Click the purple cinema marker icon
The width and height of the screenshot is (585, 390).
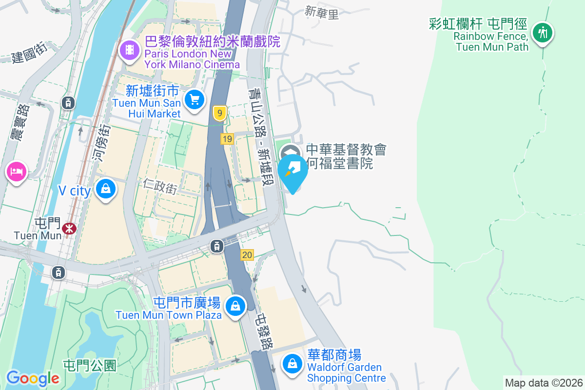click(129, 50)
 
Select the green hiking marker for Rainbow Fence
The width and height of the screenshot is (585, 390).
click(542, 33)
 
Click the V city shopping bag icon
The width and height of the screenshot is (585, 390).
click(105, 188)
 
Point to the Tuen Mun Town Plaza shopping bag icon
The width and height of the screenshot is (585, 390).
click(235, 306)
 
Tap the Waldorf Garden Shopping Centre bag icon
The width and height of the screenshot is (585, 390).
click(292, 364)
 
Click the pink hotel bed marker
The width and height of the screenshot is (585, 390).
click(16, 171)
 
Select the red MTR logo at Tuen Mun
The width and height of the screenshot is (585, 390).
click(69, 228)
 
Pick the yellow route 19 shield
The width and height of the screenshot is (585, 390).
click(227, 139)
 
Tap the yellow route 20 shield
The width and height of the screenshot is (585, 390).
click(247, 254)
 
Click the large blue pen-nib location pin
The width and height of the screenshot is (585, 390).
click(292, 171)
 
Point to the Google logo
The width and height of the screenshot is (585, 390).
click(33, 378)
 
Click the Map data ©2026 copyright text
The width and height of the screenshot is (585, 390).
click(543, 383)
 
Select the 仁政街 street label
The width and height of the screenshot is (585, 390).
click(160, 185)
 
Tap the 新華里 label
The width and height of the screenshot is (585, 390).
click(321, 13)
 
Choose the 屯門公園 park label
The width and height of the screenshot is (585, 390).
click(90, 365)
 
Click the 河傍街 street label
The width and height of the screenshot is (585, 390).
click(100, 147)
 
